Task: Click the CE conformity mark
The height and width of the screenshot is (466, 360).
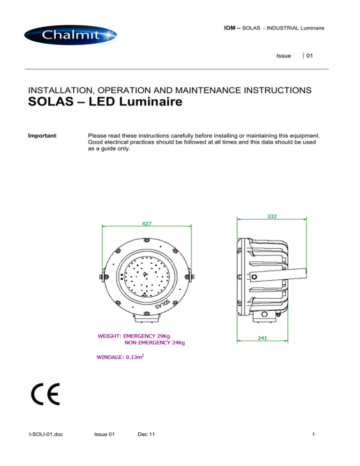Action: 45,396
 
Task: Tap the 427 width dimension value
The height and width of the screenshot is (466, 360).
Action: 147,223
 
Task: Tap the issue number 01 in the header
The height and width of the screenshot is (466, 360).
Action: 310,56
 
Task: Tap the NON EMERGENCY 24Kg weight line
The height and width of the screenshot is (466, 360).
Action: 155,343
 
